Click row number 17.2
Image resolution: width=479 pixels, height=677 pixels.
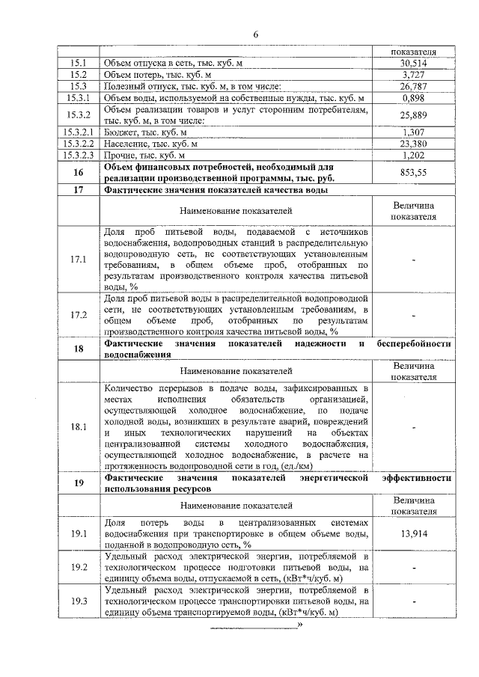point(78,314)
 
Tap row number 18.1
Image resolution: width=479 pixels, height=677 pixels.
point(78,427)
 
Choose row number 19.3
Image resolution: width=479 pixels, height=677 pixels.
point(78,600)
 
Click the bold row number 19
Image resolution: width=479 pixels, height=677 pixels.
point(78,482)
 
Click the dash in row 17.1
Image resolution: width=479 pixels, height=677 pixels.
point(414,259)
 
